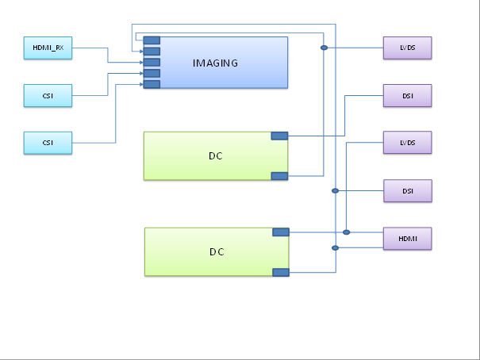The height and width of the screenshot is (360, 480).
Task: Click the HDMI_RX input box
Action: coord(48,48)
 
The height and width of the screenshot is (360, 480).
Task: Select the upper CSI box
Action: coord(48,97)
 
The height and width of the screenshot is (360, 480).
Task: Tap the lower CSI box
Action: coord(48,143)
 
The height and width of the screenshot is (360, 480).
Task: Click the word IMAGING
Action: coord(217,62)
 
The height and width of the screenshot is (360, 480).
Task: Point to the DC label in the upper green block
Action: coord(215,155)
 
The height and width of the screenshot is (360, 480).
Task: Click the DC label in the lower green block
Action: coord(217,252)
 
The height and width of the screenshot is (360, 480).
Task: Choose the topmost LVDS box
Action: coord(408,48)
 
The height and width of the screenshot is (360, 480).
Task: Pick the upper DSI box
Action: coord(408,96)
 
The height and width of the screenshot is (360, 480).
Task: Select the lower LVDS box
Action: coord(408,143)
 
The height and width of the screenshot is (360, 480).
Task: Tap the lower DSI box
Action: coord(408,191)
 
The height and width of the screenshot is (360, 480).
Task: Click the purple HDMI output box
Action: coord(408,238)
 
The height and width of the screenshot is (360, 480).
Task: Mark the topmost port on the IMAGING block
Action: coord(152,40)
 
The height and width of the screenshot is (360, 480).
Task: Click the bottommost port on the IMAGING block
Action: coord(152,84)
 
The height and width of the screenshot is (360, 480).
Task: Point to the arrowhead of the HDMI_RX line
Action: coord(140,62)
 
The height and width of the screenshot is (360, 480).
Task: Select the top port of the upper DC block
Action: coord(279,136)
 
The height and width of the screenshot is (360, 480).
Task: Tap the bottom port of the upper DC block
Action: coord(279,175)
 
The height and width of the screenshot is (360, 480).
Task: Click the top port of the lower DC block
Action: coord(280,232)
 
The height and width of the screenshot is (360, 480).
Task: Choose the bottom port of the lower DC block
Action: coord(280,272)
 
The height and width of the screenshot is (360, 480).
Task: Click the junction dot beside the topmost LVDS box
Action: coord(324,48)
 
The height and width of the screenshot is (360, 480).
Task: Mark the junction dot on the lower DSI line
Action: coord(336,191)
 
